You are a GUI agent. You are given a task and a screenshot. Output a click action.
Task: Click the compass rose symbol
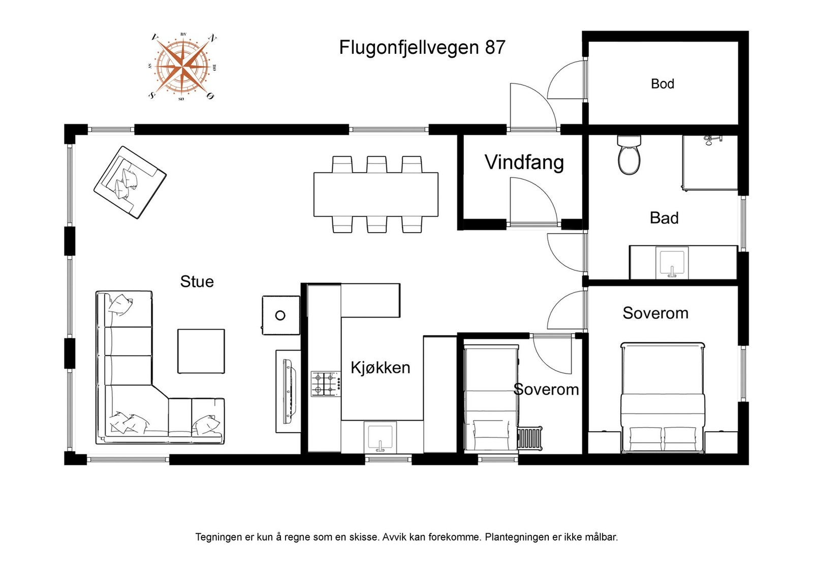click(x=181, y=66)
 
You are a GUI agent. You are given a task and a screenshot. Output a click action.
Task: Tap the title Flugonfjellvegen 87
click(x=422, y=48)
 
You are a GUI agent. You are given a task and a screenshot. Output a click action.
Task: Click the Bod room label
click(x=662, y=84)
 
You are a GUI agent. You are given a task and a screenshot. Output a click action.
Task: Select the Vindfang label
click(x=524, y=163)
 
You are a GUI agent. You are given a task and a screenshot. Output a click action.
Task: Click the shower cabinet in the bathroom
click(x=709, y=163)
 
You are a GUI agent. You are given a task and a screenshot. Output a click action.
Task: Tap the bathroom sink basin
click(x=672, y=263)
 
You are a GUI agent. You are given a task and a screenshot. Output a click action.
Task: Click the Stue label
click(x=197, y=281)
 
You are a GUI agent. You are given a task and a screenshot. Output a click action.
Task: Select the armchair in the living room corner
click(x=130, y=182)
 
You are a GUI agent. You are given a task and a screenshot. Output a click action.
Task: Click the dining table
click(x=376, y=195)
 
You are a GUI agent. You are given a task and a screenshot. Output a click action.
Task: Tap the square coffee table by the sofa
click(x=201, y=351)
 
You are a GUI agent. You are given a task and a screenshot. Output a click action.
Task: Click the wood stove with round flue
click(x=280, y=315)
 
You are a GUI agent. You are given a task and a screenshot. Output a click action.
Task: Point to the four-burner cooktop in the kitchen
click(x=325, y=384)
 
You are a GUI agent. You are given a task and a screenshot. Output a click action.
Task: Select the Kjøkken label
click(x=380, y=367)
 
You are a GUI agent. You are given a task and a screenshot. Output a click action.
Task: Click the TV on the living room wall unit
click(x=289, y=392)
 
